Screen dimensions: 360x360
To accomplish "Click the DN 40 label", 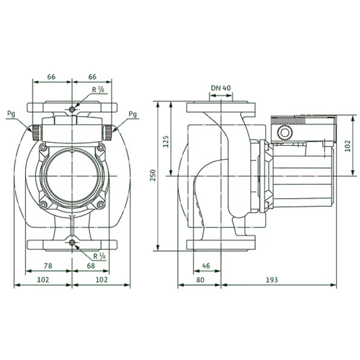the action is [221, 88].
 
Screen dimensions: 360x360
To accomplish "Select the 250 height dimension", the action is [153, 175].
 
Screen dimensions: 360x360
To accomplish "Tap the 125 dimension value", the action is [166, 142].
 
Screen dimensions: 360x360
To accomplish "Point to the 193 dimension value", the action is [272, 280].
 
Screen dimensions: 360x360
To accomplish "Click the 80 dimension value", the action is [200, 280].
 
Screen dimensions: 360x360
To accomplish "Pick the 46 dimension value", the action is [206, 266].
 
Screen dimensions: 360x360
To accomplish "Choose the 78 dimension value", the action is [48, 266].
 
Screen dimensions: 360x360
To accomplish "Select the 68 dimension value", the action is [91, 266].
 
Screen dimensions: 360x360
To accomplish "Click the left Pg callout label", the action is [11, 113].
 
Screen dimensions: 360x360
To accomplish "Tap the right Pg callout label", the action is [133, 113].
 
